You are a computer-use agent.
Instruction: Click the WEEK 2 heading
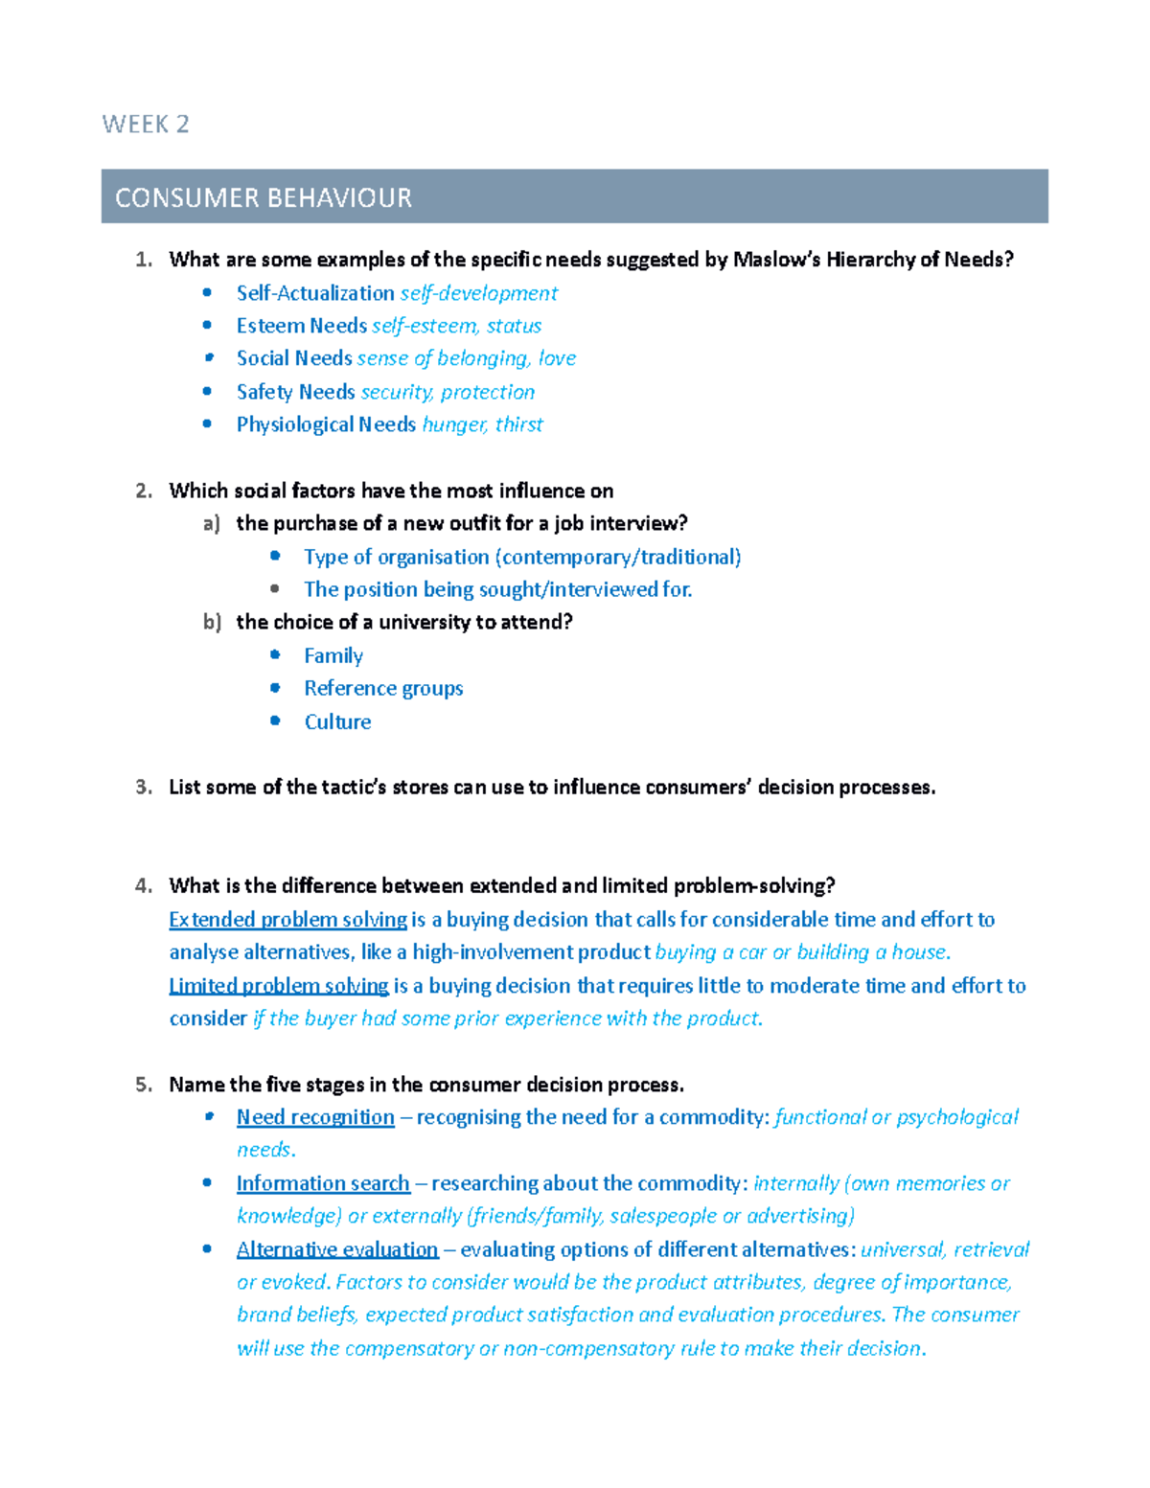[146, 125]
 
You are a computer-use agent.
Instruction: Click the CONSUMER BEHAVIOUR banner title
[264, 197]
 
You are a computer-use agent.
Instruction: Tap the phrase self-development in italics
[478, 293]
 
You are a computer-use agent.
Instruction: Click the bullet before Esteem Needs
[207, 326]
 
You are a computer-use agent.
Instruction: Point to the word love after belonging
[557, 358]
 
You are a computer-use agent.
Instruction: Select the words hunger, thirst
[482, 424]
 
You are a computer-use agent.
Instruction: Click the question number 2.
[144, 491]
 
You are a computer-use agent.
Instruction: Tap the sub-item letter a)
[212, 523]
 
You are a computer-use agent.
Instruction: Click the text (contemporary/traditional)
[618, 557]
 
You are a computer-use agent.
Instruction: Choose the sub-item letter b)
[212, 622]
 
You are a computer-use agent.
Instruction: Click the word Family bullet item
[333, 655]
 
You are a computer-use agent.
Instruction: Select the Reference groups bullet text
[383, 688]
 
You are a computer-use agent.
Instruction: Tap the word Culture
[337, 721]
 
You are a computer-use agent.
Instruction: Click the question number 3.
[144, 787]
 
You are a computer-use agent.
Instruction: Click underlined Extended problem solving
[287, 920]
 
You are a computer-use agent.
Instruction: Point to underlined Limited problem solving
[279, 986]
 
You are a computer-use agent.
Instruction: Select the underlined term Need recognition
[315, 1117]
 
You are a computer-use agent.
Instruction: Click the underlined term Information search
[323, 1183]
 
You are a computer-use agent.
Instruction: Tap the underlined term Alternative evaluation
[337, 1249]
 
